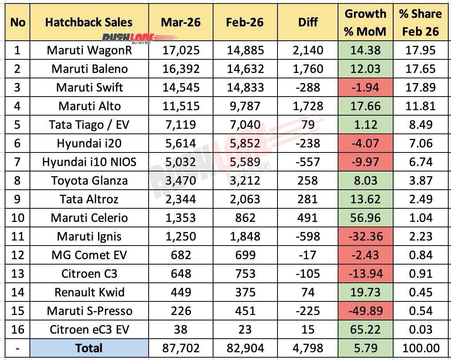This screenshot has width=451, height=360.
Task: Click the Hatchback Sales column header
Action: point(89,22)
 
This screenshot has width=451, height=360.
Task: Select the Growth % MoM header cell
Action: point(365,22)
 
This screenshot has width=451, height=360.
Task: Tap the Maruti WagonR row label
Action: point(89,50)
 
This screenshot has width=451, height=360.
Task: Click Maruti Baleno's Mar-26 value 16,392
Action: point(181,69)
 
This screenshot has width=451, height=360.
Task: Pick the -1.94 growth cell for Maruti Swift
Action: point(365,87)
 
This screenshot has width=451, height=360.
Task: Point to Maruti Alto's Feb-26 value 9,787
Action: point(245,106)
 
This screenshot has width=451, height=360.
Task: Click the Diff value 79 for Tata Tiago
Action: point(308,125)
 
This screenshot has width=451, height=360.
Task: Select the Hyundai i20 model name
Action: point(89,143)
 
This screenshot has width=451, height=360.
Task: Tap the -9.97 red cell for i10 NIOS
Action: point(365,162)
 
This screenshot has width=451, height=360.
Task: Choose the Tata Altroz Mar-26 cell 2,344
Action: point(181,199)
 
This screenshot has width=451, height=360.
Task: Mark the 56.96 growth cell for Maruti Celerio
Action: point(365,218)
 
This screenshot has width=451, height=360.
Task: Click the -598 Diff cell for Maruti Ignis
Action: point(308,236)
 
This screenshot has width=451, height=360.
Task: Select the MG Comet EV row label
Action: point(89,255)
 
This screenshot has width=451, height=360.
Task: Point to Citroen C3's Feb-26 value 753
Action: point(245,273)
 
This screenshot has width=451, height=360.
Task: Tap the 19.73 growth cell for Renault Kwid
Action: point(365,292)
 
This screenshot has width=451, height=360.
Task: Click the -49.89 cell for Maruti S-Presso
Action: point(365,311)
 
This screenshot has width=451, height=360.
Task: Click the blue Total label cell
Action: point(89,348)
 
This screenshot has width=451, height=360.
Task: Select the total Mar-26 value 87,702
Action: point(181,348)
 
